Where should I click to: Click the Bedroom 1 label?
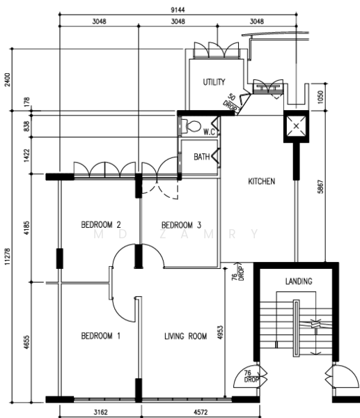click(101, 336)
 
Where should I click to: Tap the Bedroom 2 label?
click(101, 224)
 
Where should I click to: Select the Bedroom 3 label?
click(181, 225)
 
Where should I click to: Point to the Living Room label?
click(185, 336)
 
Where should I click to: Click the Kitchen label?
click(261, 181)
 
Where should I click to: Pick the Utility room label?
click(214, 82)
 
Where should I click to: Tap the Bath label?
click(202, 157)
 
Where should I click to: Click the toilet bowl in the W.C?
click(192, 126)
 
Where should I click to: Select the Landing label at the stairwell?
click(299, 281)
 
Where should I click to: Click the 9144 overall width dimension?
click(178, 10)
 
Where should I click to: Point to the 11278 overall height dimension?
click(7, 256)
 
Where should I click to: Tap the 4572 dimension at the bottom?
click(201, 412)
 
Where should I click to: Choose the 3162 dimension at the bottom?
click(100, 412)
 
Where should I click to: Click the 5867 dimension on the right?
click(320, 187)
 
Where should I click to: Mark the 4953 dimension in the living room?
click(220, 332)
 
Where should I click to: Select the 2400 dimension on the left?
click(7, 79)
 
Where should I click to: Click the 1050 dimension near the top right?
click(320, 97)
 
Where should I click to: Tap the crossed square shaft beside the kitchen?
click(296, 126)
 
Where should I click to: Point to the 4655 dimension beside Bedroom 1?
click(26, 342)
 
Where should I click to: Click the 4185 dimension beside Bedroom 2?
click(26, 228)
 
